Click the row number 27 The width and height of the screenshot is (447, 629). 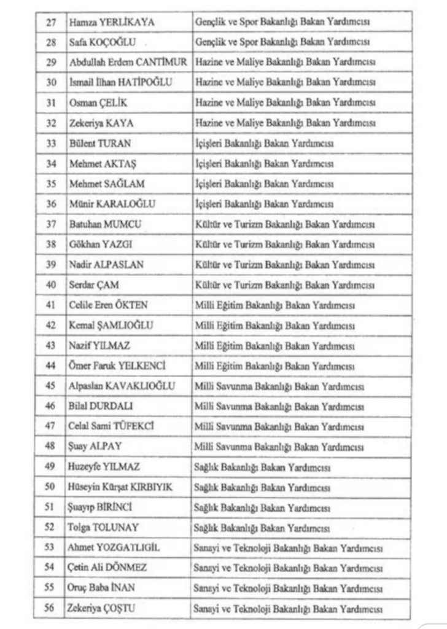(x=51, y=23)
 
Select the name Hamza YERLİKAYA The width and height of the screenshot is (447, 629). (x=111, y=23)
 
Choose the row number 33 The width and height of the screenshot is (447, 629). (x=51, y=143)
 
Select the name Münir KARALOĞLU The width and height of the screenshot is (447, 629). (x=111, y=203)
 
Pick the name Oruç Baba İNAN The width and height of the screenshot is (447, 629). (x=102, y=587)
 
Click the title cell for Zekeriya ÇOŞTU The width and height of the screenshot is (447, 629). (x=288, y=608)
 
